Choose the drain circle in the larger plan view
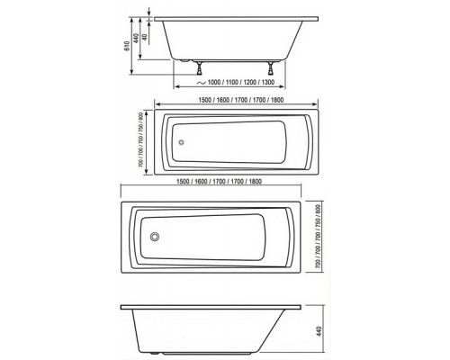pos(156,237)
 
